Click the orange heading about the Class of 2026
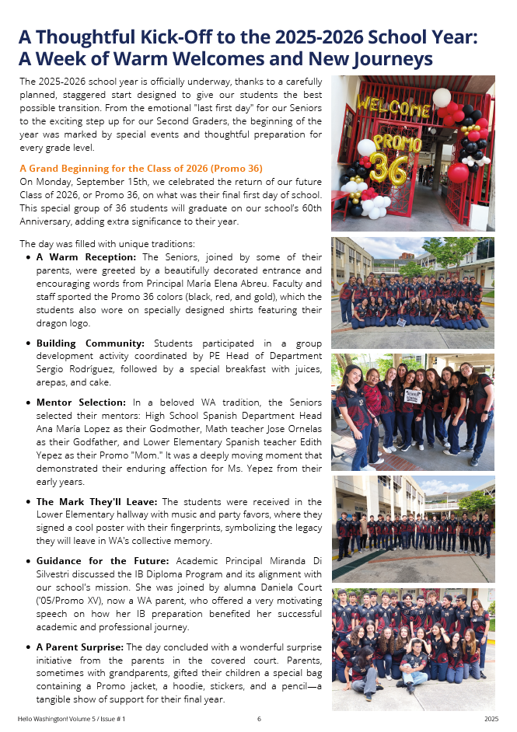coord(141,168)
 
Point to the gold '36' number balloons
coord(388,169)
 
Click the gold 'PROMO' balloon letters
coord(396,141)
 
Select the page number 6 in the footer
coord(259,720)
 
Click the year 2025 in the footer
coord(491,720)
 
